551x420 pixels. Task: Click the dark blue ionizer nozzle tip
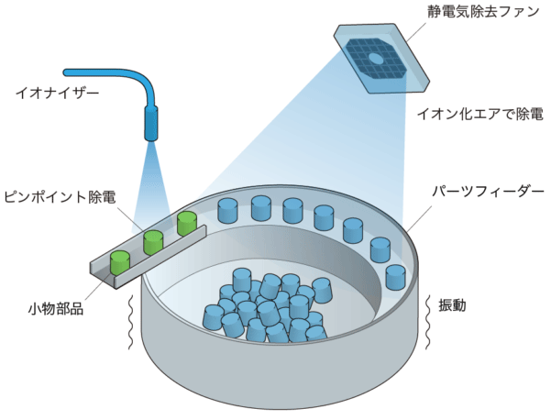click(x=152, y=123)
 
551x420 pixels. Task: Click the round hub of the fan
click(x=375, y=59)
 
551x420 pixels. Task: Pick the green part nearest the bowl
click(x=187, y=223)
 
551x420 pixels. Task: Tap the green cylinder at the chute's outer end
click(x=120, y=261)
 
